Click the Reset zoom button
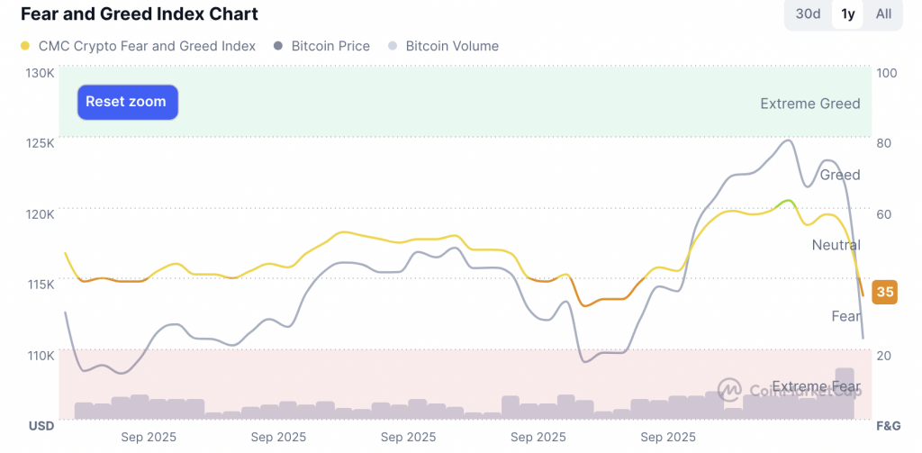127,102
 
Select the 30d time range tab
808,14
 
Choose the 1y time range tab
847,14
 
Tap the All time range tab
883,14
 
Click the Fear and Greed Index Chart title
140,14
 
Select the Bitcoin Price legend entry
330,46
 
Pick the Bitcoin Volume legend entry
451,46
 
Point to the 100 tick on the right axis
887,73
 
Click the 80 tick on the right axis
884,143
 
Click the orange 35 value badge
885,292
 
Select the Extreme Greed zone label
809,104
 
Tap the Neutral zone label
836,245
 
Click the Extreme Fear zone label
816,387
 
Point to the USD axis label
41,425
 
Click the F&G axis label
888,425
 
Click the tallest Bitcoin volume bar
845,394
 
